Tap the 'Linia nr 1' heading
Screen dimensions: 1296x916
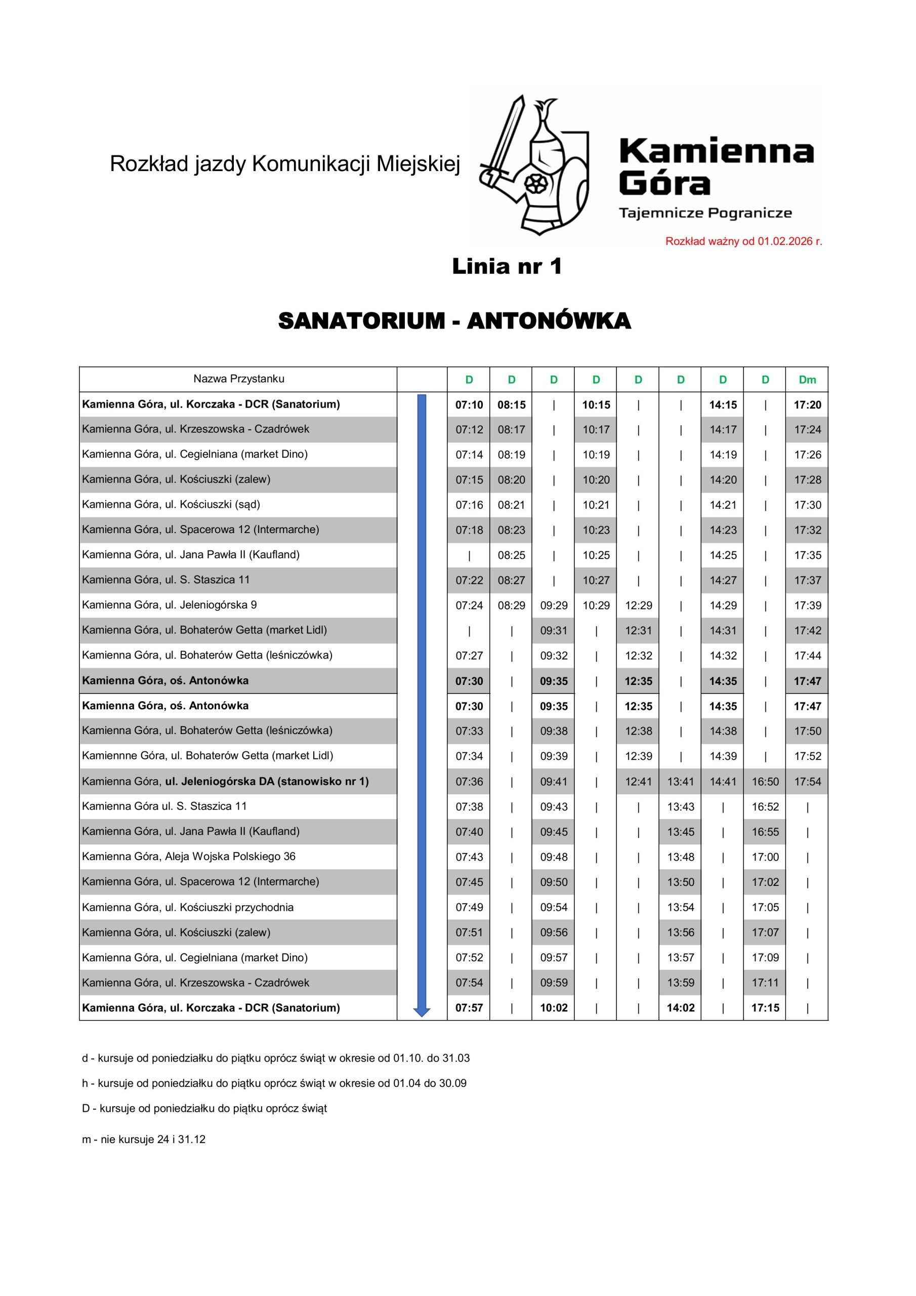tap(507, 266)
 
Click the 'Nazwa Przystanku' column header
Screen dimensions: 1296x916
tap(238, 379)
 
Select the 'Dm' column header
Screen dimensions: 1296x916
tap(807, 380)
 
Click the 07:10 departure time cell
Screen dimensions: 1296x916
tap(469, 404)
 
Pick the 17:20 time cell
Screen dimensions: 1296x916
tap(807, 404)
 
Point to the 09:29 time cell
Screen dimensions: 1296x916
tap(554, 605)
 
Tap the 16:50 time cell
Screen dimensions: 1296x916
tap(765, 782)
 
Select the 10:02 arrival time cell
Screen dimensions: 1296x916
tap(554, 1007)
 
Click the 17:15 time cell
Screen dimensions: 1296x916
tap(765, 1007)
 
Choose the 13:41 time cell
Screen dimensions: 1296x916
tap(681, 782)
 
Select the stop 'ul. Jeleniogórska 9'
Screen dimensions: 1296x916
tap(170, 605)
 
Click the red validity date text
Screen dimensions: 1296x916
tap(743, 241)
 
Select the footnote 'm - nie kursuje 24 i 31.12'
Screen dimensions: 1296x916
tap(143, 1139)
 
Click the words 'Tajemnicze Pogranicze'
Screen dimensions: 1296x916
tap(705, 213)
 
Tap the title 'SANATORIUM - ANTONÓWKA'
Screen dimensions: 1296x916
tap(454, 320)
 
